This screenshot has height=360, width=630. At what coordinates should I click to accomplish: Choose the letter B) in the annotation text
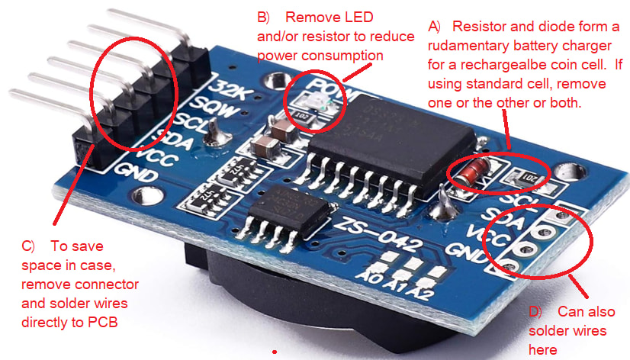264,17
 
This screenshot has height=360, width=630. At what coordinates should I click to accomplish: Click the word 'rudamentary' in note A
471,45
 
